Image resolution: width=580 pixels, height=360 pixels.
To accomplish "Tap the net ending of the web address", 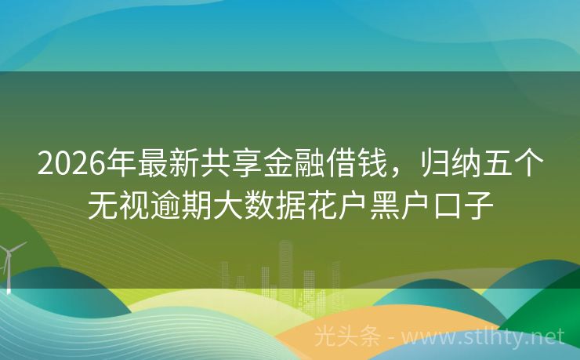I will pyautogui.click(x=550, y=337).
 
